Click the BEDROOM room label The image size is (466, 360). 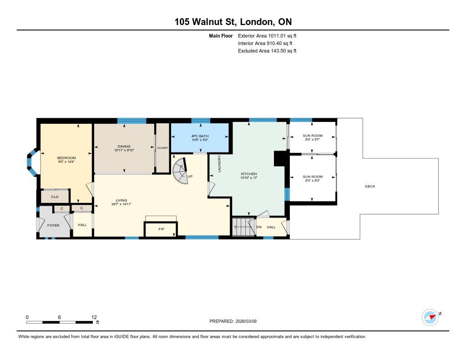coord(66,158)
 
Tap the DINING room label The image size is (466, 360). coord(124,146)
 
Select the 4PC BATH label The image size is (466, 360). coord(200,136)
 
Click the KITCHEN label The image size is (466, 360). coord(249,174)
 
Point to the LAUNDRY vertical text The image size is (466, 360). coord(219,163)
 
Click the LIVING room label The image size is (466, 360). coord(122,200)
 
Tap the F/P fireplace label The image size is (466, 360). coord(162,229)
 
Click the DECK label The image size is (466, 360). coord(370,187)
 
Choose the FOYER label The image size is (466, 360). coord(53,225)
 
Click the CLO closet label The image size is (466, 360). coord(55,197)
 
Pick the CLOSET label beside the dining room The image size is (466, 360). coord(162,148)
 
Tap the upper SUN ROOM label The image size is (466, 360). coord(313,136)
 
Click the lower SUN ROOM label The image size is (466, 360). coord(313,177)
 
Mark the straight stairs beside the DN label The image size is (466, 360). coord(244,227)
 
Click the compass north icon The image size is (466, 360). coord(431,318)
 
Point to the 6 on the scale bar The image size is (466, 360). coord(60,317)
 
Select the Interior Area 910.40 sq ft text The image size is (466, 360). coord(265,43)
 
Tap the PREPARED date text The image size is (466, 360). coord(233,321)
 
